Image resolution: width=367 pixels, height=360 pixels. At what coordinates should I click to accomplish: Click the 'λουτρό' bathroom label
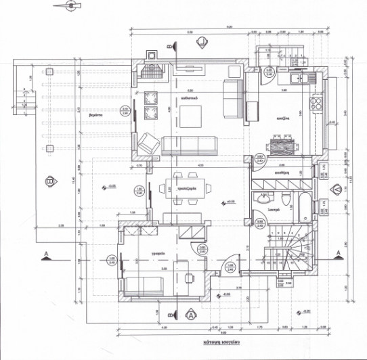pyautogui.click(x=275, y=210)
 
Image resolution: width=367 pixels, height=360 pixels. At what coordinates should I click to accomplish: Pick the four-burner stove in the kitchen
pyautogui.click(x=316, y=105)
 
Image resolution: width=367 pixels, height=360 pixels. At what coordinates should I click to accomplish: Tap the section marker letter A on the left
pyautogui.click(x=45, y=254)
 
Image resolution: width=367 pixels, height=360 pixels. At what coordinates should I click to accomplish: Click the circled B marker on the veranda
pyautogui.click(x=49, y=181)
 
